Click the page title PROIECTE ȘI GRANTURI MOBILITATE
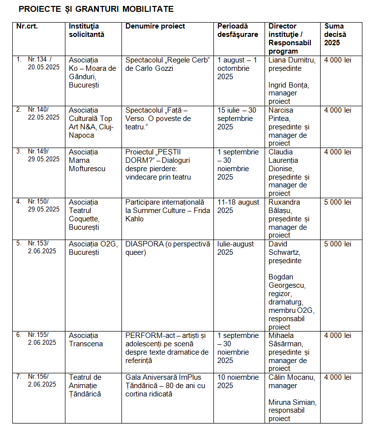coord(96,9)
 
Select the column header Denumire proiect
coord(155,26)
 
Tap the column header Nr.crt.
coord(27,26)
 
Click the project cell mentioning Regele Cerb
coord(168,64)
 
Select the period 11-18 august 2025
coord(238,206)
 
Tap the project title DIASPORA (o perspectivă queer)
coord(168,248)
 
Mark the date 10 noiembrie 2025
coord(238,381)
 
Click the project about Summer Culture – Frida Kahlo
coord(168,211)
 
